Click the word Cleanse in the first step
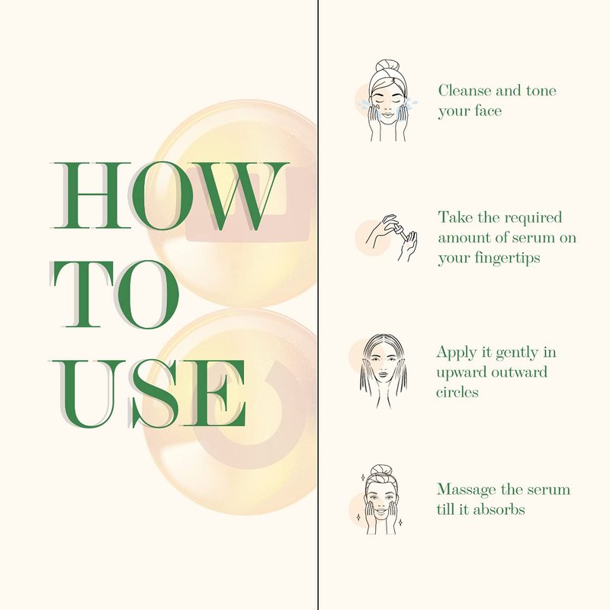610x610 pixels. (464, 91)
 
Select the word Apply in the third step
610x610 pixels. (457, 353)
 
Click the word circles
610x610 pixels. (457, 391)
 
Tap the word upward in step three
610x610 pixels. (461, 373)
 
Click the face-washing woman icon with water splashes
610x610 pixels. (388, 101)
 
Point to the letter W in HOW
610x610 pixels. (237, 196)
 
